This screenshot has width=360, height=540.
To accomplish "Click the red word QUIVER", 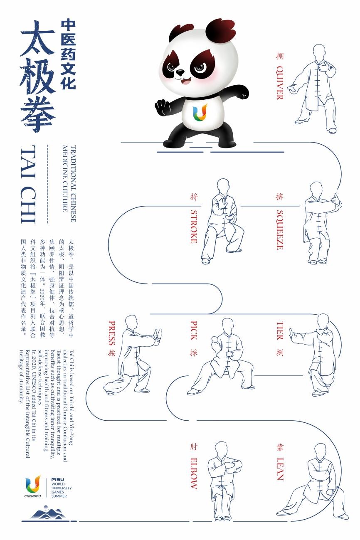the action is pos(280,83).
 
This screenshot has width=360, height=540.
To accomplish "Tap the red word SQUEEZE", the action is pos(280,230).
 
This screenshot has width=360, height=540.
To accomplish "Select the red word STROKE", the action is pos(194,227).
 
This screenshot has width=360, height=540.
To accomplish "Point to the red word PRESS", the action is pos(112,333).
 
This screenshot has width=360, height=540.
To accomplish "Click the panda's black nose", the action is pos(180,72).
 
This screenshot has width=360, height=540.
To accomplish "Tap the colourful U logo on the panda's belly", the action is pos(200,112).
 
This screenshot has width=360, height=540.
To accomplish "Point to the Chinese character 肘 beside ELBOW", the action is pos(194,447).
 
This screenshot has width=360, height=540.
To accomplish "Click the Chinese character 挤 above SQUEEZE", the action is pos(280,197).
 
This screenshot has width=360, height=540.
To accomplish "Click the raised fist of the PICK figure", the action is pos(215,340).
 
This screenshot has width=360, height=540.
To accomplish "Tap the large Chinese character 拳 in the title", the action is pos(38,115).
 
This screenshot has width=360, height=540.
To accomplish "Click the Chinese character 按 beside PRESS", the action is pos(112,353).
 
